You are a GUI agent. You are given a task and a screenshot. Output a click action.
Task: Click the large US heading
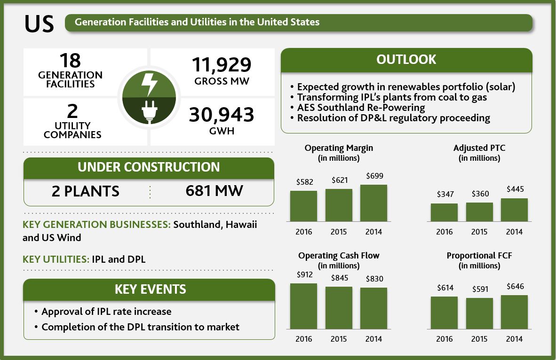(39, 23)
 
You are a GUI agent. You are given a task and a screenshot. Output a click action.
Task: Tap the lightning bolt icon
(150, 85)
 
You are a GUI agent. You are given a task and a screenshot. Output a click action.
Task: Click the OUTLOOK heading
(406, 60)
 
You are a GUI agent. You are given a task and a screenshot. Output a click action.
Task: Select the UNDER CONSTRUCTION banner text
(149, 167)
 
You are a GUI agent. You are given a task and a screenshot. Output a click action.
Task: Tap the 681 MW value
(214, 191)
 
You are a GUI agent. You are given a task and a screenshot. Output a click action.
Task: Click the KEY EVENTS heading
(150, 289)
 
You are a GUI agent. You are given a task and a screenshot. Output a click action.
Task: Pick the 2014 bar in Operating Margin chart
(373, 203)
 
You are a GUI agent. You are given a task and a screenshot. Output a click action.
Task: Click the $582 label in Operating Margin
(304, 182)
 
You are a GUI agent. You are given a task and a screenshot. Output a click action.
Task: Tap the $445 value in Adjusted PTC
(515, 189)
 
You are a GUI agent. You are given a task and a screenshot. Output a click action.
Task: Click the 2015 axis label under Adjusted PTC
(479, 232)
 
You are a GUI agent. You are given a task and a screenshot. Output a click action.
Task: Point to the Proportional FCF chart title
(479, 256)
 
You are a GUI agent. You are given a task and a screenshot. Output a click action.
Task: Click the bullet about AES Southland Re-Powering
(361, 108)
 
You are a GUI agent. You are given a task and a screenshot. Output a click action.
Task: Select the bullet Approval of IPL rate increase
(106, 312)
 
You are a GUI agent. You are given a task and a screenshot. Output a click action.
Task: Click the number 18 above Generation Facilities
(70, 61)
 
